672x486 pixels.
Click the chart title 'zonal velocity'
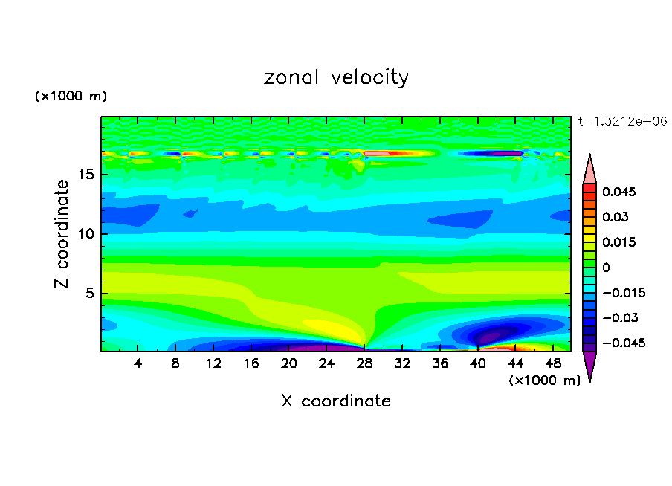(336, 77)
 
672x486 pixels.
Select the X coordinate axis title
(336, 401)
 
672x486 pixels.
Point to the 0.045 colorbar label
(618, 192)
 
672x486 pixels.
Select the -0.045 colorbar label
(621, 343)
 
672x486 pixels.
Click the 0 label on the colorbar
(606, 267)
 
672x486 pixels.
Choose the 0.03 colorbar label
(616, 217)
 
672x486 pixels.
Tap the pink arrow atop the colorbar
(589, 169)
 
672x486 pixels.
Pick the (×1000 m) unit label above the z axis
(71, 97)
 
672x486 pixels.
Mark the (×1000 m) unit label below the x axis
(544, 380)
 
